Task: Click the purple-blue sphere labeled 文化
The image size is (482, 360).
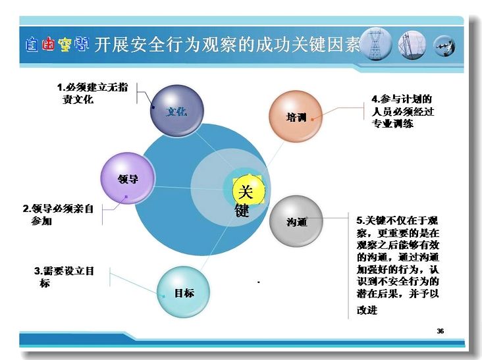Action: click(177, 111)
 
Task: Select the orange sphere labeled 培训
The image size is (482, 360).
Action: click(296, 116)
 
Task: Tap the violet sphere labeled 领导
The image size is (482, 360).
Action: click(128, 178)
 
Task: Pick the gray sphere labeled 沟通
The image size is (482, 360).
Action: click(296, 221)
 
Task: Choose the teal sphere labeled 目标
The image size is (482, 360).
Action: click(184, 292)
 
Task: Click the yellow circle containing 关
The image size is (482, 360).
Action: click(248, 190)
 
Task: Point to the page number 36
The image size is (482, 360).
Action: click(441, 331)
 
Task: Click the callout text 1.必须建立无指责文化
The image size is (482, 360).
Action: click(92, 93)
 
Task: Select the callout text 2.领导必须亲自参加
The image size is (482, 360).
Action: click(58, 215)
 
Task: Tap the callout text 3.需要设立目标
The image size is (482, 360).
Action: click(64, 277)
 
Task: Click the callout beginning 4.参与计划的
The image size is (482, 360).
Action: click(403, 111)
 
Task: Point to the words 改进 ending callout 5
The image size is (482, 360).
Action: click(367, 310)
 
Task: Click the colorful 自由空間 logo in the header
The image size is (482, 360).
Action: click(57, 45)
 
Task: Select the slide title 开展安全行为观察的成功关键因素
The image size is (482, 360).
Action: click(227, 45)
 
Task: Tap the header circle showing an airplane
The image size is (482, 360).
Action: click(444, 46)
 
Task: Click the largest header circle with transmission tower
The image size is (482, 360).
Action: click(375, 44)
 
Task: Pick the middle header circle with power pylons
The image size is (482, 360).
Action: click(412, 45)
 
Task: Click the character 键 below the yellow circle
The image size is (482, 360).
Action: click(242, 211)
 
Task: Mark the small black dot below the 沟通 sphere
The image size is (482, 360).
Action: click(259, 282)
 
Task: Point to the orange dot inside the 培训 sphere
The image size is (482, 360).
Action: click(312, 119)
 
